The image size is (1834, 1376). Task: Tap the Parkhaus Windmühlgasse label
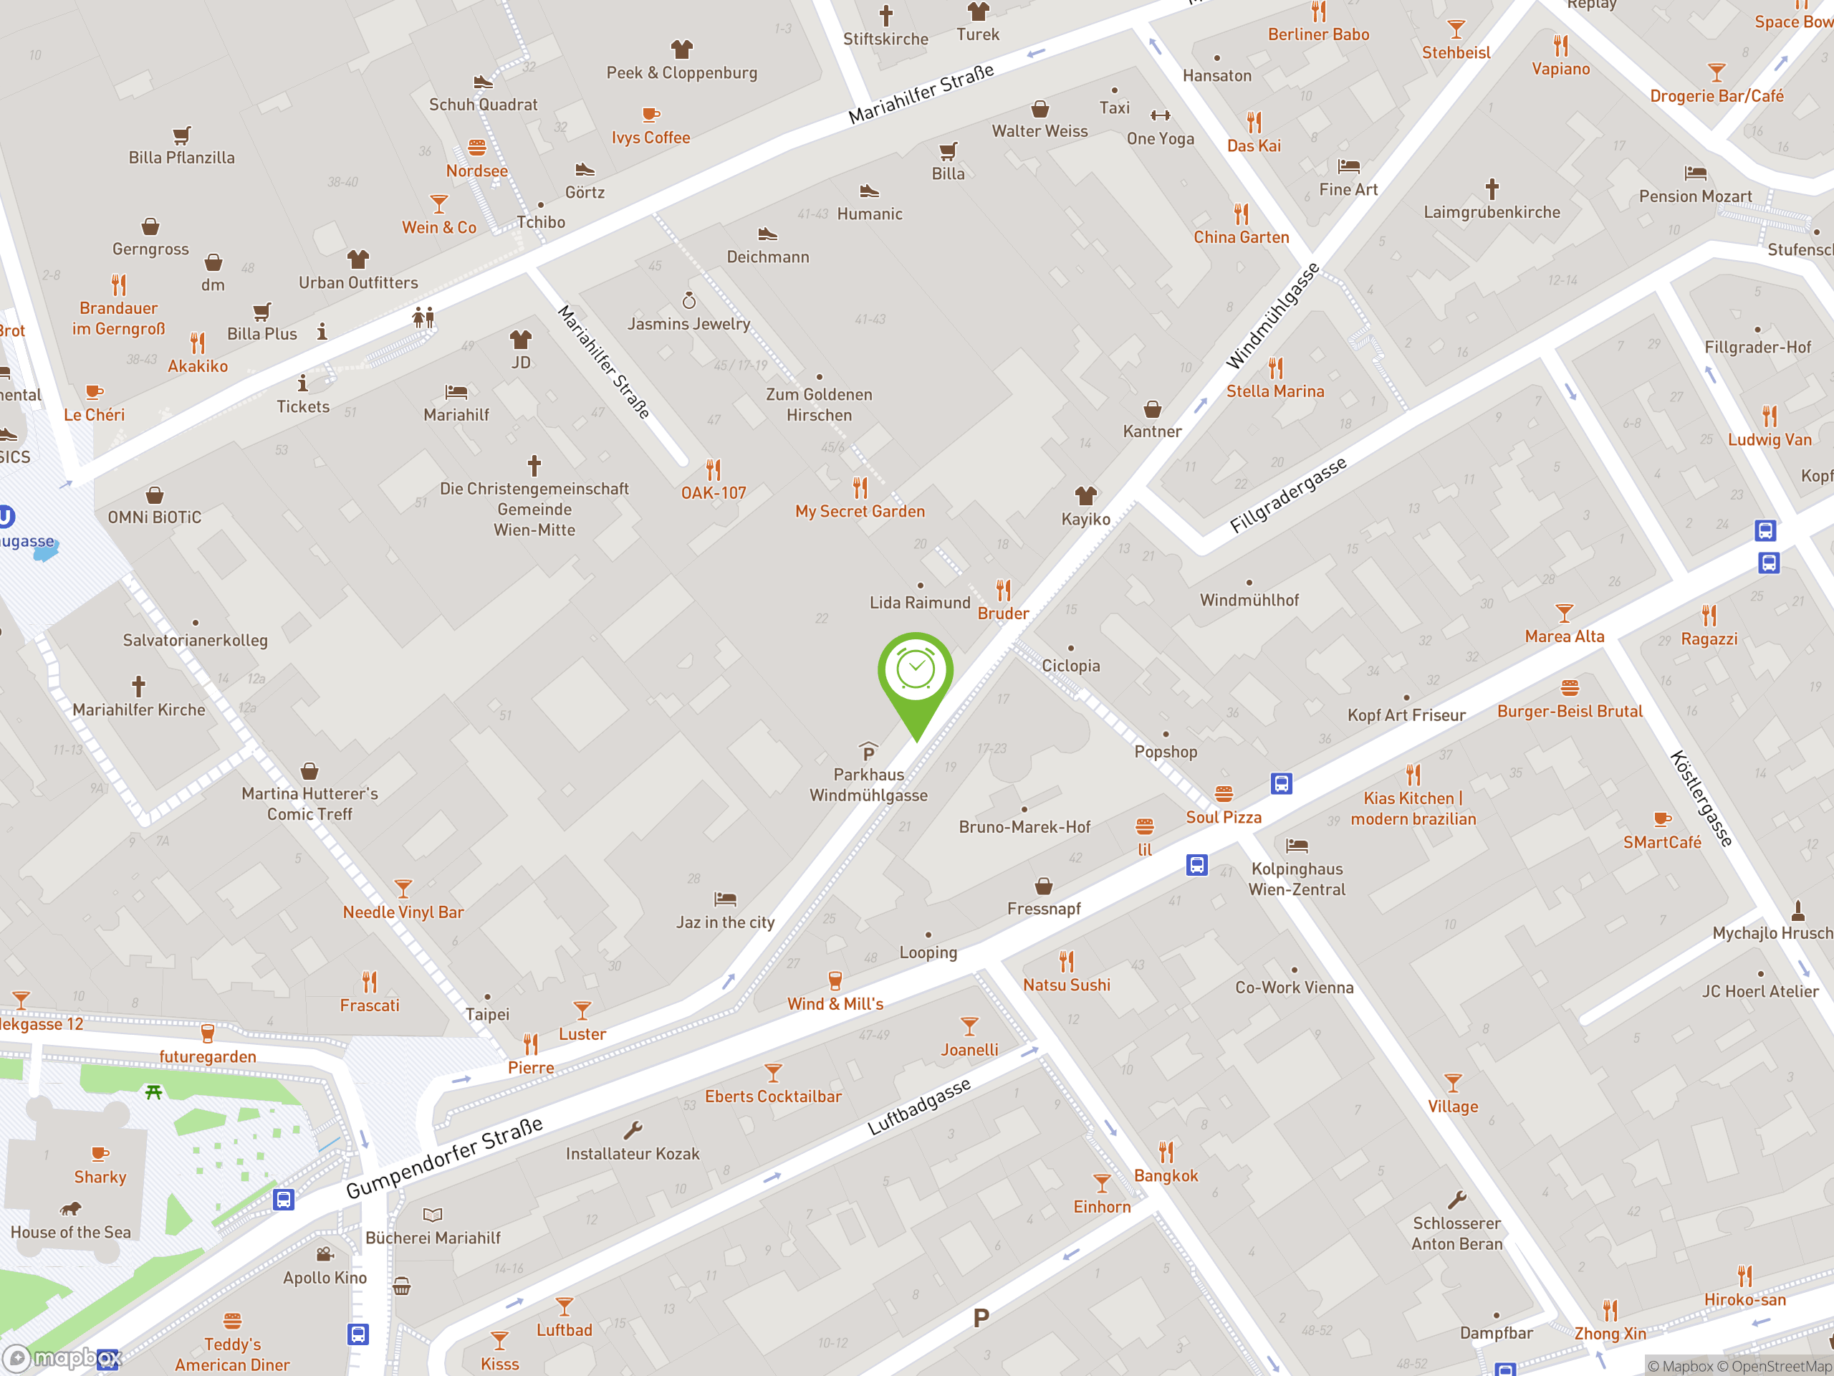point(868,785)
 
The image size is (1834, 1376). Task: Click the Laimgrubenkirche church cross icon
point(1492,189)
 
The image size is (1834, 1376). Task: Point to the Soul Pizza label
point(1223,817)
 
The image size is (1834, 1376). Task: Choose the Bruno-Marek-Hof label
point(1024,827)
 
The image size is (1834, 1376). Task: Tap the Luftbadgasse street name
point(918,1107)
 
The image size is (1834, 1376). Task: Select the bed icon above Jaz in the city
point(725,898)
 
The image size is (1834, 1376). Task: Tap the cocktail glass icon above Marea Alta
point(1564,613)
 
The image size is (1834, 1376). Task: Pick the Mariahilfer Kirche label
point(138,710)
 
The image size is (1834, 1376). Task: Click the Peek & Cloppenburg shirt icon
point(681,49)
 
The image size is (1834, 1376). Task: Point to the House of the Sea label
point(70,1233)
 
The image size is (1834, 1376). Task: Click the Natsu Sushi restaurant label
point(1066,985)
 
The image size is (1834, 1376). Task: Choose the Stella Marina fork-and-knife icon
point(1275,368)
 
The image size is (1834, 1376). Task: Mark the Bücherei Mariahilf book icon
point(433,1215)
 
